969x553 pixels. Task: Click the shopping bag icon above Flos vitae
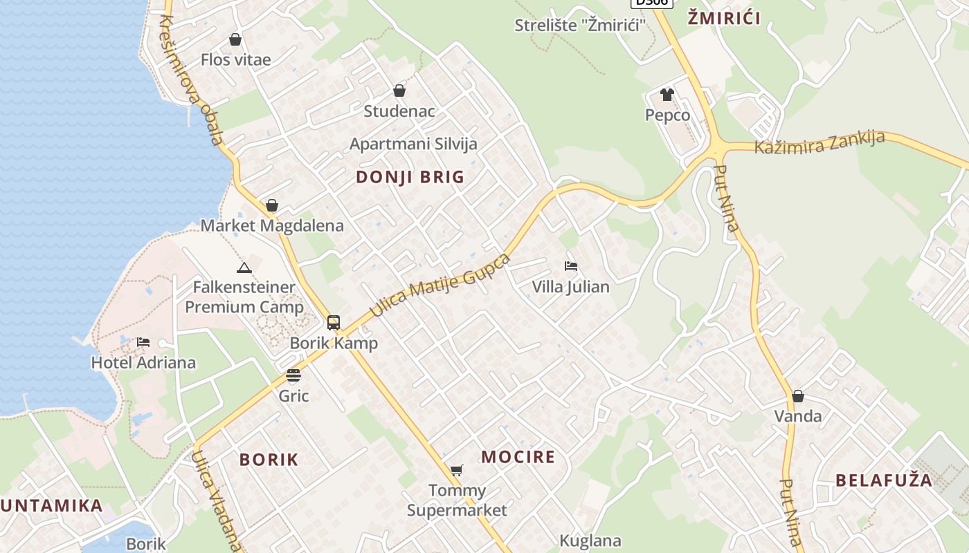coord(235,40)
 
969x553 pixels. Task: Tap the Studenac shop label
coord(399,111)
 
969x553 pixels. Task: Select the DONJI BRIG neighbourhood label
coord(410,177)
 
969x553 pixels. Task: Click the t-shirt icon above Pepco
coord(667,95)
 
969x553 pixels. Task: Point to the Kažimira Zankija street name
coord(819,142)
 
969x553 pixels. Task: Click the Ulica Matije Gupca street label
coord(440,285)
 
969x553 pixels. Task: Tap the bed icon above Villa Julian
coord(571,266)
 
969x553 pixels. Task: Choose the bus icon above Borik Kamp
coord(334,323)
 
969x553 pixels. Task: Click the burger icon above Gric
coord(293,376)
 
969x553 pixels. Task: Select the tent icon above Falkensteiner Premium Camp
coord(244,268)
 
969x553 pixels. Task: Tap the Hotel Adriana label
coord(143,362)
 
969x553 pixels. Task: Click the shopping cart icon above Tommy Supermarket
coord(456,471)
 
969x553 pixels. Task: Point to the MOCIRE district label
coord(518,457)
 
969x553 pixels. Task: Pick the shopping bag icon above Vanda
coord(798,396)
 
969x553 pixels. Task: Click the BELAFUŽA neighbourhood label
coord(884,480)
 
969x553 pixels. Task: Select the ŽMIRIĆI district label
coord(724,19)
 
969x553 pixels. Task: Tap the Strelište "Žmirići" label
coord(580,26)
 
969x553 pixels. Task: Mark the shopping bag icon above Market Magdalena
coord(272,206)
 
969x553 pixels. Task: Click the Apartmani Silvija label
coord(413,144)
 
